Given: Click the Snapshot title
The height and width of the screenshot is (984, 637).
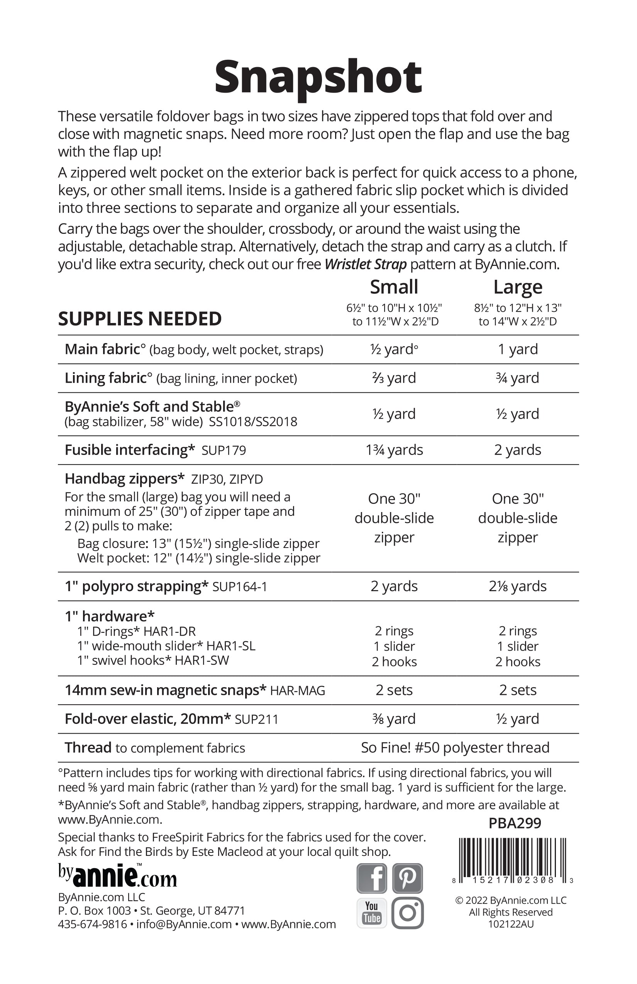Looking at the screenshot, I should pos(318,77).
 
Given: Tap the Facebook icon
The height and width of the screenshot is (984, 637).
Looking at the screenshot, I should pos(371,879).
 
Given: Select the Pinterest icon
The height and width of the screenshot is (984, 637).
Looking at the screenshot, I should pos(407,879).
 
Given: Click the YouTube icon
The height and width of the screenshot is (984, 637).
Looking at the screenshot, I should pos(371,913).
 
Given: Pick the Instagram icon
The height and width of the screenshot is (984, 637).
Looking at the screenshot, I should pos(407,913).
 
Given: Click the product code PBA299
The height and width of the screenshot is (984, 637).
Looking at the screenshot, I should pos(515,823).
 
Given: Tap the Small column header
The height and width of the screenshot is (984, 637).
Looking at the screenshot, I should pos(394,287).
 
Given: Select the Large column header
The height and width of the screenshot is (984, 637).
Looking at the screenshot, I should pos(517,287).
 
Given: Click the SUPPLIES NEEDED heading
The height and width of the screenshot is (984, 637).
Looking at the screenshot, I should pos(140,319).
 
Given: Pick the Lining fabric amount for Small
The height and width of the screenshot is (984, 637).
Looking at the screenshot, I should pos(394,378).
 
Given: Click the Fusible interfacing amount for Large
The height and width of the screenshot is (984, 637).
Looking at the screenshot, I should pos(517,450).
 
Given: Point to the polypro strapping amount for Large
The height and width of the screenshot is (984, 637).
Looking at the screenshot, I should pos(517,586).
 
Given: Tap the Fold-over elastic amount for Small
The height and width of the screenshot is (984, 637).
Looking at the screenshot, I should pos(394,719).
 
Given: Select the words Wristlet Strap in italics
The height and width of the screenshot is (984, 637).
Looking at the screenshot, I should pos(366,264).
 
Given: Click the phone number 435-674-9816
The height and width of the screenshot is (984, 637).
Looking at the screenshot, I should pos(92,925).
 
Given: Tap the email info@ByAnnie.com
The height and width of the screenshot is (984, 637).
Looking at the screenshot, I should pos(184,925).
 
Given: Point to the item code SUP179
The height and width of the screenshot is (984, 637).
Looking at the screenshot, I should pos(224,450).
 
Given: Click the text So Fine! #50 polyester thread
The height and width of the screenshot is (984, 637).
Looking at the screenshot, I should pos(455,747).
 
